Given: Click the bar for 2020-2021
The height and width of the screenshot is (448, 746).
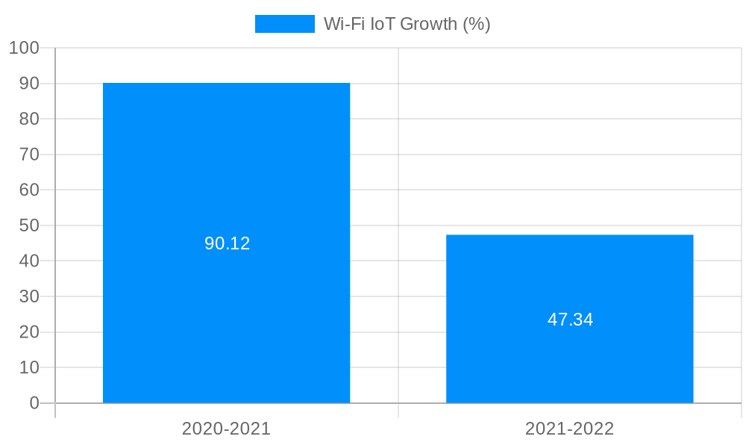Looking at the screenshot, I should pos(226,164).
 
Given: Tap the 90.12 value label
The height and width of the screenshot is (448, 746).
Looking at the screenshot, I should pos(227,243).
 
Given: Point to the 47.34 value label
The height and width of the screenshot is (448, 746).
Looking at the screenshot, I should pos(570,320).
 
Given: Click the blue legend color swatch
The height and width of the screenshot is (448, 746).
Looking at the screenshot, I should pos(284,24).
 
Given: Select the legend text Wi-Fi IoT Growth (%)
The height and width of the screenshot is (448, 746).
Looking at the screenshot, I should pos(407,24).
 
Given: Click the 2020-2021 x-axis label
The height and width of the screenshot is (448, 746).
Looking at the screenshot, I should pos(226,429).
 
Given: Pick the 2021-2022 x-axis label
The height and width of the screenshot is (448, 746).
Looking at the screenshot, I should pos(569,429).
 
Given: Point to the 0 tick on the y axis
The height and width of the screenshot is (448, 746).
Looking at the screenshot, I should pos(34,403).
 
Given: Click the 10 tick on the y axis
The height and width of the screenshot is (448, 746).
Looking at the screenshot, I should pos(29,367).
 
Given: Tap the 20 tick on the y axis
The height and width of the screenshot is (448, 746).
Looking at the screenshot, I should pos(29,332).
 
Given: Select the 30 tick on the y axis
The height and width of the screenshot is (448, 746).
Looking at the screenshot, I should pos(29,296).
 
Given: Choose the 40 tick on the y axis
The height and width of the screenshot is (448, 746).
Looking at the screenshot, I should pos(29,261).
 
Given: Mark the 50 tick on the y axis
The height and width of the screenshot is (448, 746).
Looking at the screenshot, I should pos(29,225).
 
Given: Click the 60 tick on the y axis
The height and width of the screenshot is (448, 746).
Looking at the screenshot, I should pos(29,190).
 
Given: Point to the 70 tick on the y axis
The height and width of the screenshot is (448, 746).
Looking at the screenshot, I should pos(29,155).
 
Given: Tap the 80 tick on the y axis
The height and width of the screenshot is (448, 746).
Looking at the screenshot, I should pos(29,119).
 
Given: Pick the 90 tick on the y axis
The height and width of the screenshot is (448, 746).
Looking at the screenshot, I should pos(29,84).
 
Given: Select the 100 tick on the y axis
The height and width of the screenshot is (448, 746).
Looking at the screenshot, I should pos(24,48).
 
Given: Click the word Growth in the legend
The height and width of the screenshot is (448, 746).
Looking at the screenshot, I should pos(429,24).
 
